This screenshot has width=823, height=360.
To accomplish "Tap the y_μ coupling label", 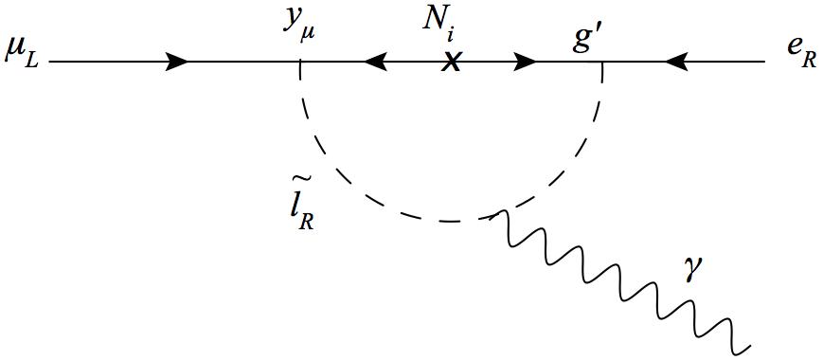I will click(298, 26).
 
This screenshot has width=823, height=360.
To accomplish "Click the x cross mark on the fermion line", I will click(453, 63).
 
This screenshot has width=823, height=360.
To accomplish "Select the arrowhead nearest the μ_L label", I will click(177, 63).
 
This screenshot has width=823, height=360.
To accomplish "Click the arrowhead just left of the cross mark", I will click(375, 63).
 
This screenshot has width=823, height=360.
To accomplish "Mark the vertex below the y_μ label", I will click(300, 63).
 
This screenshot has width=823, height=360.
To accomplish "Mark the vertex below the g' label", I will click(602, 63).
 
